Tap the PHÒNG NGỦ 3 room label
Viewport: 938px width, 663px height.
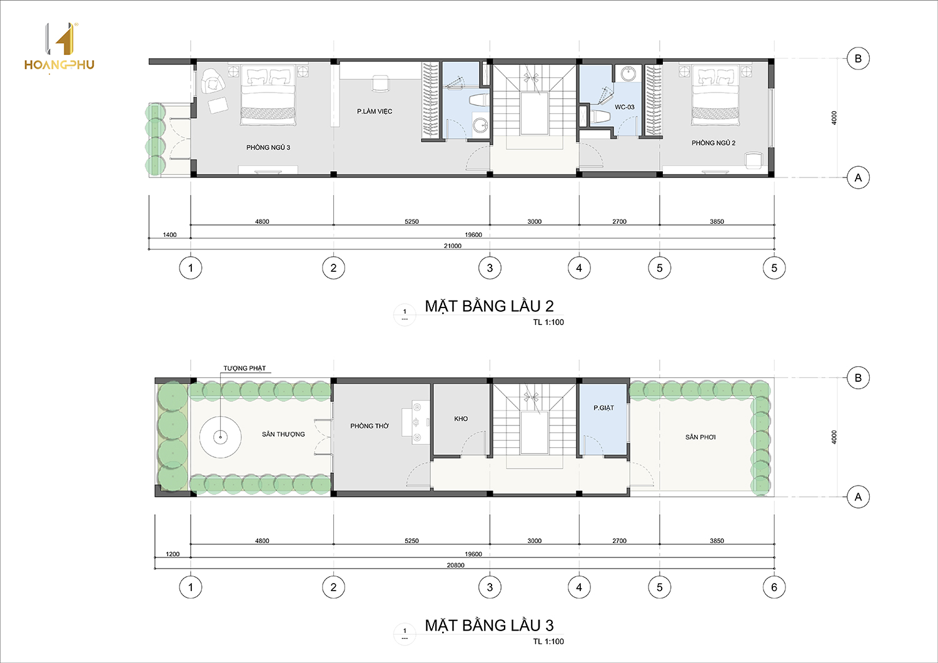[x=268, y=147]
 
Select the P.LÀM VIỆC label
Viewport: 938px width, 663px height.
[x=375, y=111]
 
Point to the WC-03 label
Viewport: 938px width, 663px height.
[x=624, y=107]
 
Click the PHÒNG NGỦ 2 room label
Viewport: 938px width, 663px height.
[x=713, y=142]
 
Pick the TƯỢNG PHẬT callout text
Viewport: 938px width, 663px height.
[x=245, y=368]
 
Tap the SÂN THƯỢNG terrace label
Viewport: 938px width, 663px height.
[x=283, y=434]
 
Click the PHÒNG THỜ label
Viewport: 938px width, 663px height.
[x=370, y=426]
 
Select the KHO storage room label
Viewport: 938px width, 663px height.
[x=461, y=419]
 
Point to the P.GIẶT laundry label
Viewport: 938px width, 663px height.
[x=603, y=407]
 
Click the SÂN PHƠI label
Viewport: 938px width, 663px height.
[x=700, y=437]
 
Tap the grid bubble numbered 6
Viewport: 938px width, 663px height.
[x=774, y=587]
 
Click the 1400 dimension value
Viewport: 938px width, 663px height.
[x=169, y=235]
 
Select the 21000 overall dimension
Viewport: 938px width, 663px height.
[x=453, y=246]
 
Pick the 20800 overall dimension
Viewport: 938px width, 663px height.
[x=456, y=565]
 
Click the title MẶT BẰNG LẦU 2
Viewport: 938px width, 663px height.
[x=489, y=306]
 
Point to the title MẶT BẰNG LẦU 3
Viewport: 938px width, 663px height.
[x=489, y=626]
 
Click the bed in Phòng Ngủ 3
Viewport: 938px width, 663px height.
[x=268, y=94]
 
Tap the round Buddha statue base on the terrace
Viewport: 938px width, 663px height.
[x=220, y=437]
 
